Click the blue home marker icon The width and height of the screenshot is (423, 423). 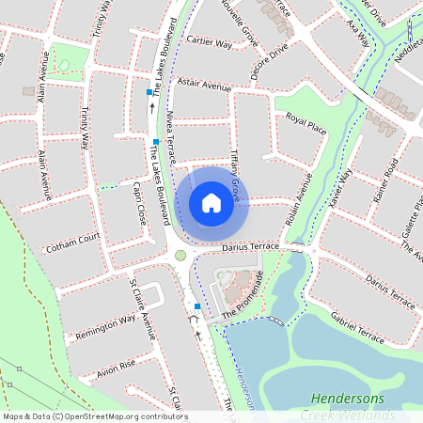pyautogui.click(x=211, y=202)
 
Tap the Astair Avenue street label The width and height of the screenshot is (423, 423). pyautogui.click(x=204, y=86)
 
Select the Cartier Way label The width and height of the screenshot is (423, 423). pyautogui.click(x=210, y=42)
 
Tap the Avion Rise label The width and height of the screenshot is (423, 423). pyautogui.click(x=116, y=365)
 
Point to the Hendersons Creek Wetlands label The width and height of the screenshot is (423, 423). pyautogui.click(x=358, y=406)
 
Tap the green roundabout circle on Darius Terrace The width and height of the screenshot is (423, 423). pyautogui.click(x=180, y=254)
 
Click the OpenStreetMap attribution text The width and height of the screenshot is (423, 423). pyautogui.click(x=95, y=415)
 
